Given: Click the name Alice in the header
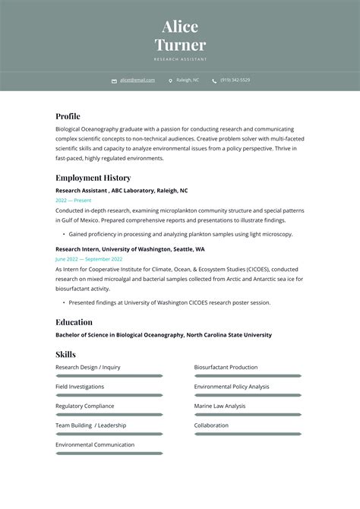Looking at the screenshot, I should click(x=180, y=27).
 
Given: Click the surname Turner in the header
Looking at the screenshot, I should click(x=180, y=45).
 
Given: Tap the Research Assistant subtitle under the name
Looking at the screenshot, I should click(x=180, y=59).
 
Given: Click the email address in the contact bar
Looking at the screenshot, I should click(x=137, y=80).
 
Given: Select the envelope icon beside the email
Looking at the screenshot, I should click(x=114, y=81).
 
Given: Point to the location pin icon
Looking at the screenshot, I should click(x=170, y=81).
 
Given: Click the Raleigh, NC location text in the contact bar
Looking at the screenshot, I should click(x=188, y=80).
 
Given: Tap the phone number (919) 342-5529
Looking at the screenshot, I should click(x=235, y=80).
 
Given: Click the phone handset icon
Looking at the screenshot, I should click(x=214, y=81).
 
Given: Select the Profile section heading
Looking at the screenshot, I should click(x=68, y=116).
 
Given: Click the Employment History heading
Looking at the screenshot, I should click(x=93, y=178).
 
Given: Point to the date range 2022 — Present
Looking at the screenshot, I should click(x=74, y=200).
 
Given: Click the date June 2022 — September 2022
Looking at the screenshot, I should click(x=89, y=259).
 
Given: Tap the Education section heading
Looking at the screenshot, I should click(x=74, y=322).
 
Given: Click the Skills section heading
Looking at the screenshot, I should click(x=65, y=354).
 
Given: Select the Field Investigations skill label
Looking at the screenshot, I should click(x=80, y=387).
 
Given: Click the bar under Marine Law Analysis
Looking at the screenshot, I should click(x=248, y=415).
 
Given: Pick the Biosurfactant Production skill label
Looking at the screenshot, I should click(x=226, y=368).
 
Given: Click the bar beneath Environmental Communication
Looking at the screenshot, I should click(x=109, y=454).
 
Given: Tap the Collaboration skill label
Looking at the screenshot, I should click(x=211, y=425).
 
